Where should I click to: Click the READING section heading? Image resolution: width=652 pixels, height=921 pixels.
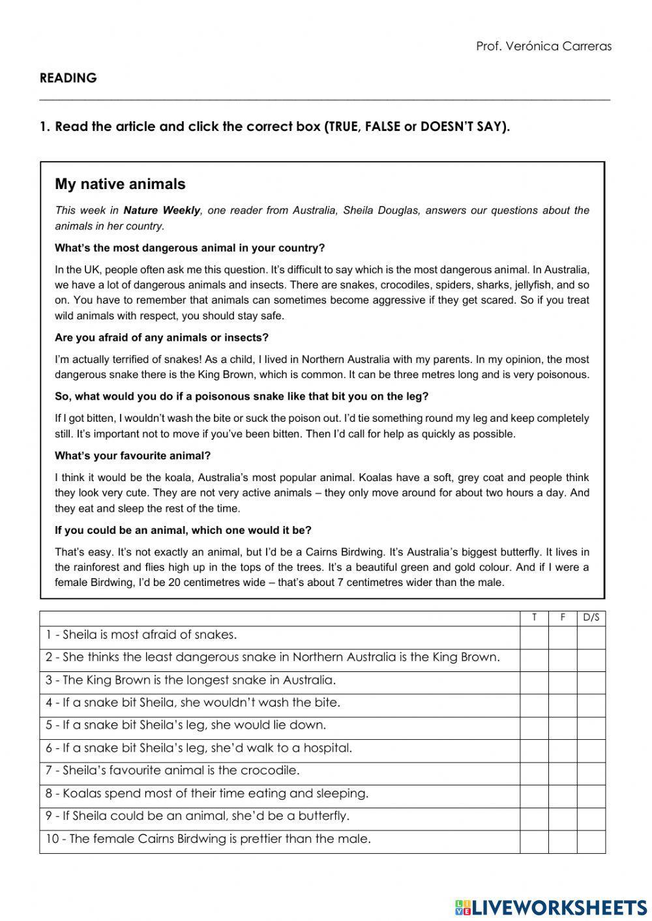point(68,78)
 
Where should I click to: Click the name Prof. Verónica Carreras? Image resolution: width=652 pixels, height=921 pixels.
point(544,46)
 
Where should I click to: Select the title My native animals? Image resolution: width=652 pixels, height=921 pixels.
point(120,184)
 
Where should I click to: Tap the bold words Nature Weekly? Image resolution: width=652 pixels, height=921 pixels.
point(162,211)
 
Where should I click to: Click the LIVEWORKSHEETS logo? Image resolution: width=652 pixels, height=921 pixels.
point(550,907)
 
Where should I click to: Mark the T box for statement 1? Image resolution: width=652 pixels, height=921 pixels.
point(534,637)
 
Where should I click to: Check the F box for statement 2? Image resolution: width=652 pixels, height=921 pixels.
point(562,660)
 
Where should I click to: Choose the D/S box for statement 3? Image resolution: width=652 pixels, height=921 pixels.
point(591,682)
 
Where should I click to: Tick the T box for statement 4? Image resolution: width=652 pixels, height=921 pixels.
point(534,705)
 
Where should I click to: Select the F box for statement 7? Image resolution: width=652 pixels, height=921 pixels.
point(562,773)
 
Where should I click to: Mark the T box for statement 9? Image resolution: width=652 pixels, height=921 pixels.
point(534,819)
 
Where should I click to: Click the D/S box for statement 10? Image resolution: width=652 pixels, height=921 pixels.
point(591,841)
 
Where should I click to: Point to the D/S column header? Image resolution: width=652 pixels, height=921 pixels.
point(591,618)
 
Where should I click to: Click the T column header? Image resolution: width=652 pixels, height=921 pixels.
point(534,618)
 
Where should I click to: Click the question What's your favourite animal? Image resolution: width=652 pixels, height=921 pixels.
point(133,456)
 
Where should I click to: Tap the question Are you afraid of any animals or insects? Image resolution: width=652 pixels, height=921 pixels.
point(162,338)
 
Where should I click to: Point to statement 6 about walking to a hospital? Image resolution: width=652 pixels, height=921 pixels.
point(199,748)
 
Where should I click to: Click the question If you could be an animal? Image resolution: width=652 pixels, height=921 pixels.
point(183,531)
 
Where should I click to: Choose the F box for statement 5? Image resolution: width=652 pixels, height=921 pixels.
point(562,728)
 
